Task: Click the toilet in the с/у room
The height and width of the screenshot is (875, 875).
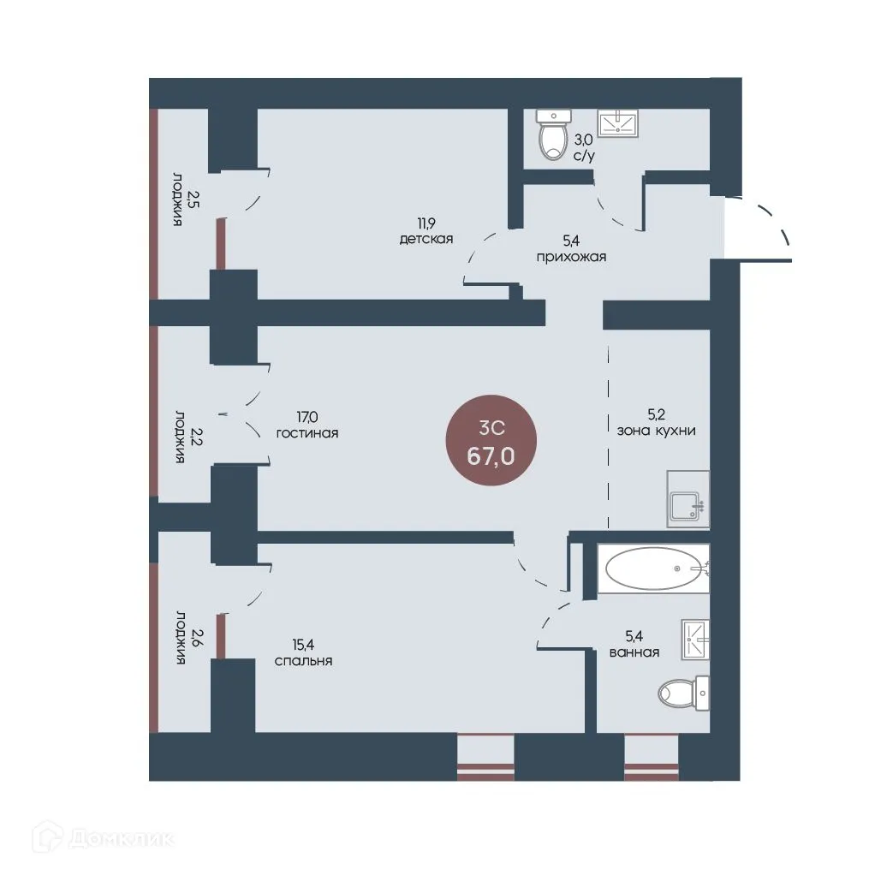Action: pos(553,134)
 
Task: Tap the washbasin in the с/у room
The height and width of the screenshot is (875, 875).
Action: pos(618,122)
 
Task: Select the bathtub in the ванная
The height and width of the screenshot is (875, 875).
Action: pos(653,568)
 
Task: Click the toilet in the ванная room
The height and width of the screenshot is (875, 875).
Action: pos(683,693)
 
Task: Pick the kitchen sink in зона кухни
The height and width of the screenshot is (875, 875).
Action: pos(688,499)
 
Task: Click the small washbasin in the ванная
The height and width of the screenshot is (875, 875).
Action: pos(695,640)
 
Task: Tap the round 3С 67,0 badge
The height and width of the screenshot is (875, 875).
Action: pos(491,440)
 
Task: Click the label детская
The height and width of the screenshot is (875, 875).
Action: pos(426,240)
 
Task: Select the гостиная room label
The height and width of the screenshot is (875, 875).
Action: pos(307,433)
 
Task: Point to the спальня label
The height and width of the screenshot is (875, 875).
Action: pos(304,661)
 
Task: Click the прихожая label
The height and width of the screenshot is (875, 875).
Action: pos(571,257)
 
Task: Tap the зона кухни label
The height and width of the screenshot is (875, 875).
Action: pos(656,431)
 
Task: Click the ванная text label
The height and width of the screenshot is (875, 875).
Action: pos(634,652)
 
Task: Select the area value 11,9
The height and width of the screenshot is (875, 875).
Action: pos(426,223)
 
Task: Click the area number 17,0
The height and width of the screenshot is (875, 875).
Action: pos(307,417)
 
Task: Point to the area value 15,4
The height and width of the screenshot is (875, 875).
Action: pos(303,645)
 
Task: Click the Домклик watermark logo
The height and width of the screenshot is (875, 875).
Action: pos(104,837)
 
